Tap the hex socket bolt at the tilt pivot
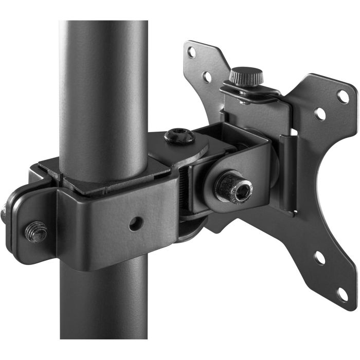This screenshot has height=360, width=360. tap(231, 189)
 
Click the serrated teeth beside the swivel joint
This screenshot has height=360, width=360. tap(183, 185)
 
